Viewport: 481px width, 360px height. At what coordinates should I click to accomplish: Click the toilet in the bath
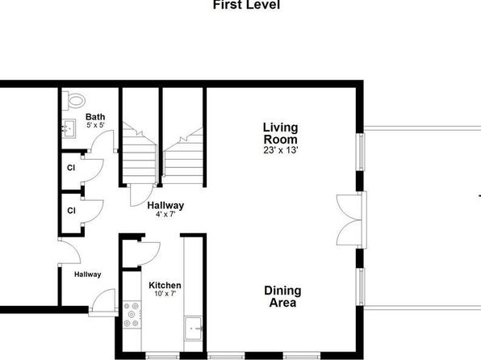pyautogui.click(x=73, y=100)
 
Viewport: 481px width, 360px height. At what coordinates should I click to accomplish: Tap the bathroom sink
pyautogui.click(x=69, y=128)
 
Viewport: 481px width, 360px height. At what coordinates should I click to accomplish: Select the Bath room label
pyautogui.click(x=95, y=117)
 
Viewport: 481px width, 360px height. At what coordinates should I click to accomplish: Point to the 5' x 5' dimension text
pyautogui.click(x=96, y=125)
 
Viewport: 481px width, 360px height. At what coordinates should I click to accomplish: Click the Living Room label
pyautogui.click(x=280, y=133)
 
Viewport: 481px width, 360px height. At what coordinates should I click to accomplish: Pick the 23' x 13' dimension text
pyautogui.click(x=281, y=150)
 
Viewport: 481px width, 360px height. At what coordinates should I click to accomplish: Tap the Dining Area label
pyautogui.click(x=282, y=296)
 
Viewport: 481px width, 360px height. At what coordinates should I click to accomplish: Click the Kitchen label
pyautogui.click(x=165, y=286)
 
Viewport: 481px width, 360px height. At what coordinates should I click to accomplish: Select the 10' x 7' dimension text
pyautogui.click(x=165, y=294)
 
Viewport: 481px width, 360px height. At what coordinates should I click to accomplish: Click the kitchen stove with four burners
pyautogui.click(x=132, y=315)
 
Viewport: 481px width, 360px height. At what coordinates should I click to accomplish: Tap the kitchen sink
pyautogui.click(x=193, y=329)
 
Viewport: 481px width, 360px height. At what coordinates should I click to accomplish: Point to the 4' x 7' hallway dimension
pyautogui.click(x=165, y=214)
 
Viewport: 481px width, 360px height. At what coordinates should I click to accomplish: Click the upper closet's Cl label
pyautogui.click(x=71, y=168)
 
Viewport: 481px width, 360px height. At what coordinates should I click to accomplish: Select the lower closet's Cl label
pyautogui.click(x=71, y=211)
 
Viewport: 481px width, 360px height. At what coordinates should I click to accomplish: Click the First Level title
pyautogui.click(x=246, y=5)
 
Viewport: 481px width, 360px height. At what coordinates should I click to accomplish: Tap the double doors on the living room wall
pyautogui.click(x=349, y=220)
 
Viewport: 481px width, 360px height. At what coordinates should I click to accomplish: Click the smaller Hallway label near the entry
pyautogui.click(x=87, y=274)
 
